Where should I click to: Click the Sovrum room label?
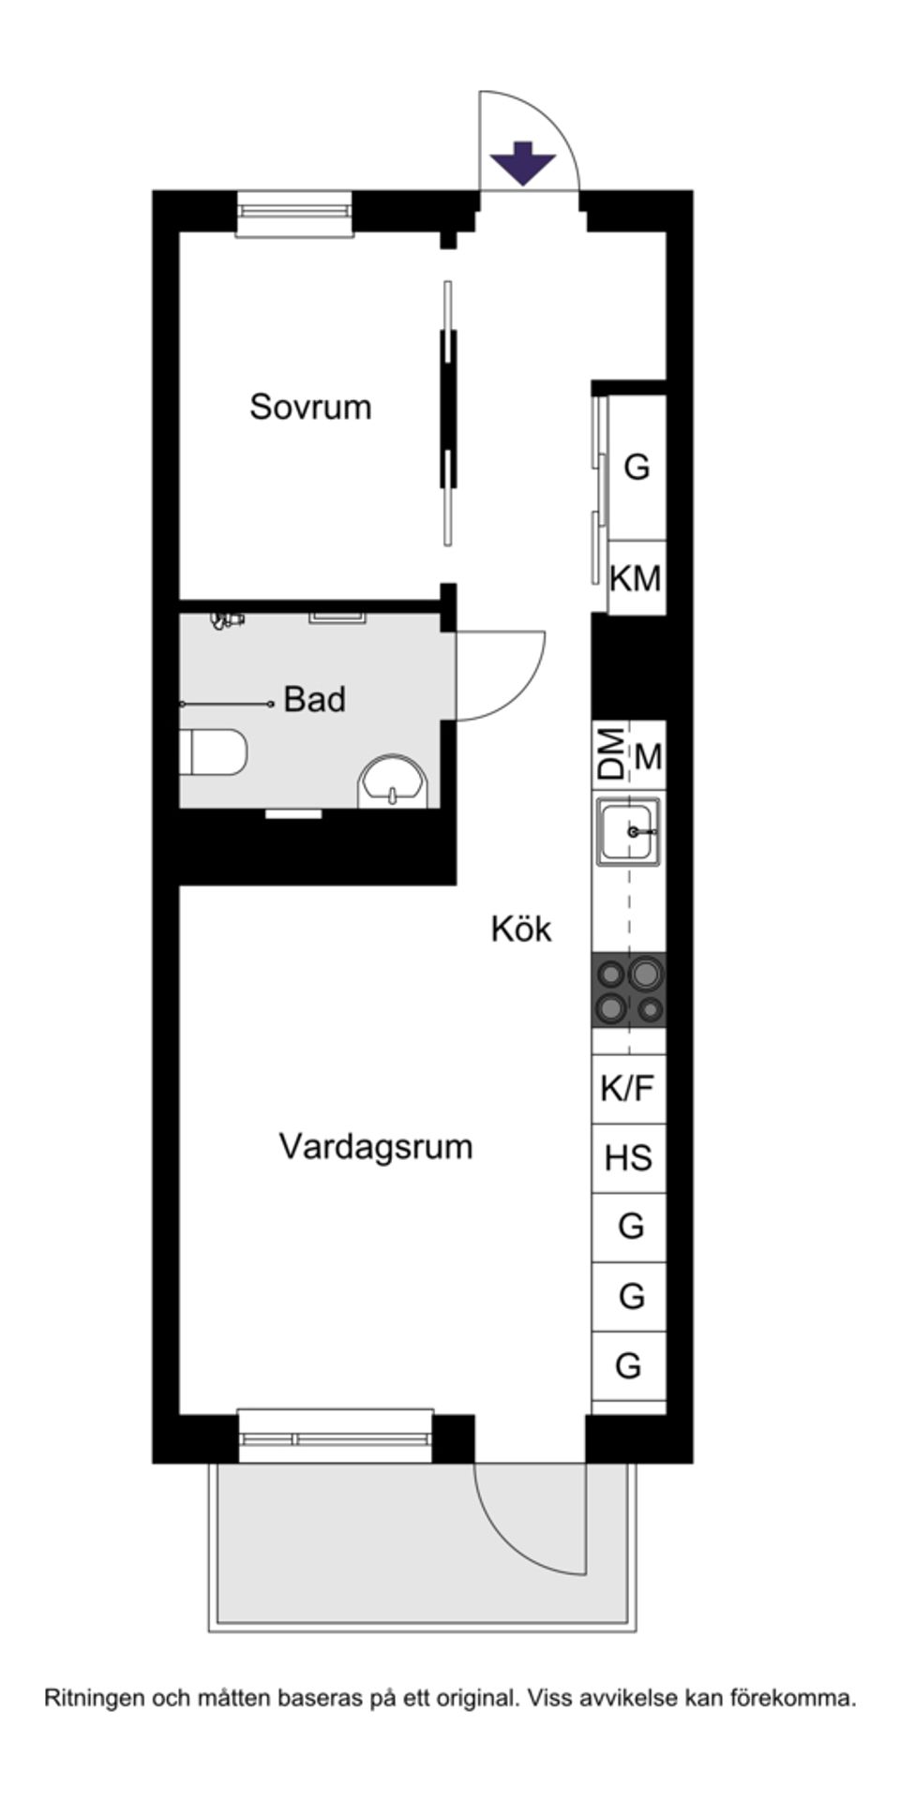[310, 407]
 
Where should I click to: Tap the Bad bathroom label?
[315, 699]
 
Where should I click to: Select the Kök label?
[521, 929]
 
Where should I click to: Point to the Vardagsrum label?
[375, 1146]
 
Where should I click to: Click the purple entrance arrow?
[524, 161]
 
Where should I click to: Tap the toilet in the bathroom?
[216, 752]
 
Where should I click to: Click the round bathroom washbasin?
[393, 782]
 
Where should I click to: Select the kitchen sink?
[629, 830]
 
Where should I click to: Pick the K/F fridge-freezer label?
[627, 1088]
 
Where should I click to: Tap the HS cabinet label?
[628, 1158]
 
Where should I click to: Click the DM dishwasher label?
[611, 754]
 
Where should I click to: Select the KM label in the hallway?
[636, 578]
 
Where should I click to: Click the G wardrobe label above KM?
[637, 466]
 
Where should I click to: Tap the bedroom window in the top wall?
[294, 214]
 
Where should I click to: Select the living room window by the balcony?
[336, 1436]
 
